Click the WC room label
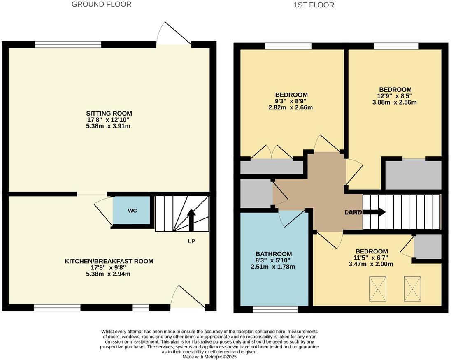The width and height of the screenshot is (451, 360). tap(132, 211)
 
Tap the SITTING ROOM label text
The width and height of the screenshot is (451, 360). tap(109, 114)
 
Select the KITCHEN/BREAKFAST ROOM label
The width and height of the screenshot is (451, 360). tap(109, 261)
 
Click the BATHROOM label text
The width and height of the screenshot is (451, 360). tap(274, 254)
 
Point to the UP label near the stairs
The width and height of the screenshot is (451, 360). tap(191, 241)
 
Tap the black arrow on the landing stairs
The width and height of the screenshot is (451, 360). tap(374, 212)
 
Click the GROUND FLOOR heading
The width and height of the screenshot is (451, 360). tap(101, 5)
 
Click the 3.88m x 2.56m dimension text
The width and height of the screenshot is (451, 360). tap(395, 102)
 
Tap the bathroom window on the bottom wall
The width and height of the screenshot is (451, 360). tap(275, 309)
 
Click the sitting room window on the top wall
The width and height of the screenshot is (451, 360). tap(68, 44)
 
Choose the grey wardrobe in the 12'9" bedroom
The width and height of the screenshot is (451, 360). tap(413, 175)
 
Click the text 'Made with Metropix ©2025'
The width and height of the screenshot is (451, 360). tap(210, 357)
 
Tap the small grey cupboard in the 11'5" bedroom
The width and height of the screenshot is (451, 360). tap(428, 247)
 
